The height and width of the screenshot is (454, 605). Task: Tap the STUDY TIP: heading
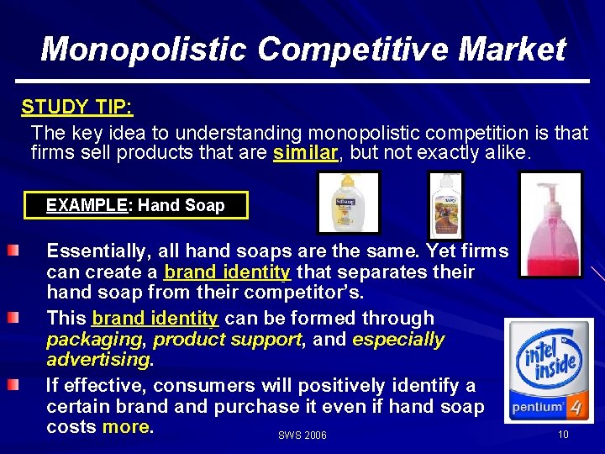click(77, 108)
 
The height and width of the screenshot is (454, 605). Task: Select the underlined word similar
click(305, 153)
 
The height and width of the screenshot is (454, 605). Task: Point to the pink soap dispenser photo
click(550, 224)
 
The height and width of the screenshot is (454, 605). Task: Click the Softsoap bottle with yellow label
click(347, 201)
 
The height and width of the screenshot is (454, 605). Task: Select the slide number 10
click(563, 434)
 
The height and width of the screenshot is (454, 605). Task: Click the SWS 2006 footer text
click(302, 436)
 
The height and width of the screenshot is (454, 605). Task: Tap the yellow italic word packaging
click(94, 340)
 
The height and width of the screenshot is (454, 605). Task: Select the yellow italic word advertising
click(98, 360)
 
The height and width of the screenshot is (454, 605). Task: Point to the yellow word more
click(126, 427)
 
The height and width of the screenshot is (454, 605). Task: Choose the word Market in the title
click(513, 49)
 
